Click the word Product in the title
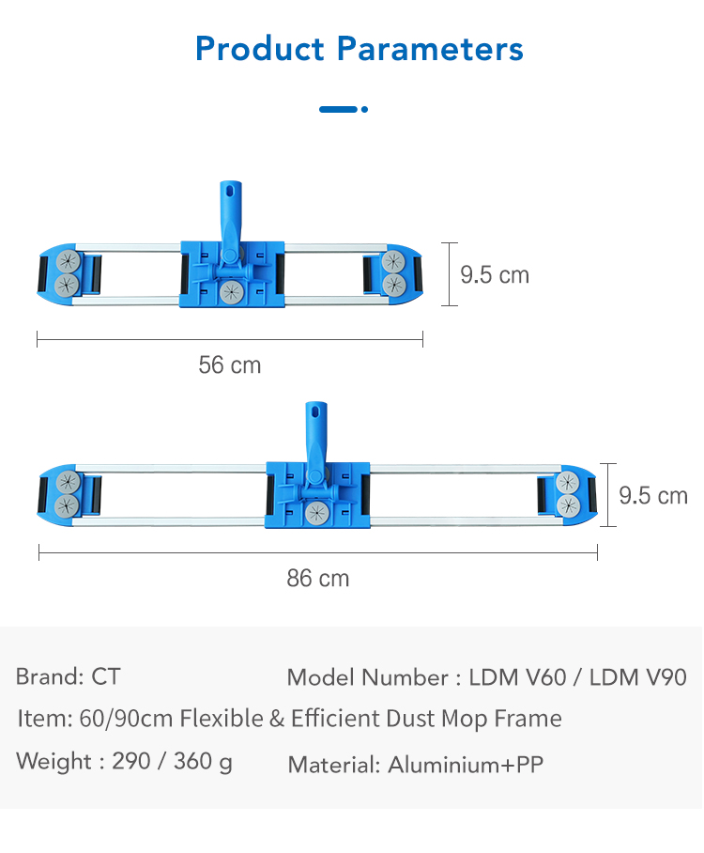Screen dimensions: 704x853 pos(260,49)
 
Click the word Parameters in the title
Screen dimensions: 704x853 pos(430,49)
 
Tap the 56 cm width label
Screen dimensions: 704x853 pos(230,365)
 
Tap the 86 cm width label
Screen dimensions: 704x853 pos(318,579)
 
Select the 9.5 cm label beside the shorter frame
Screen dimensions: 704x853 pos(495,274)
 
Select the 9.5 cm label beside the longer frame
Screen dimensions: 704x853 pos(653,496)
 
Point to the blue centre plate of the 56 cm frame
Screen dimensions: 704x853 pos(232,274)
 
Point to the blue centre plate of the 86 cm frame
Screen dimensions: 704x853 pos(317,495)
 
